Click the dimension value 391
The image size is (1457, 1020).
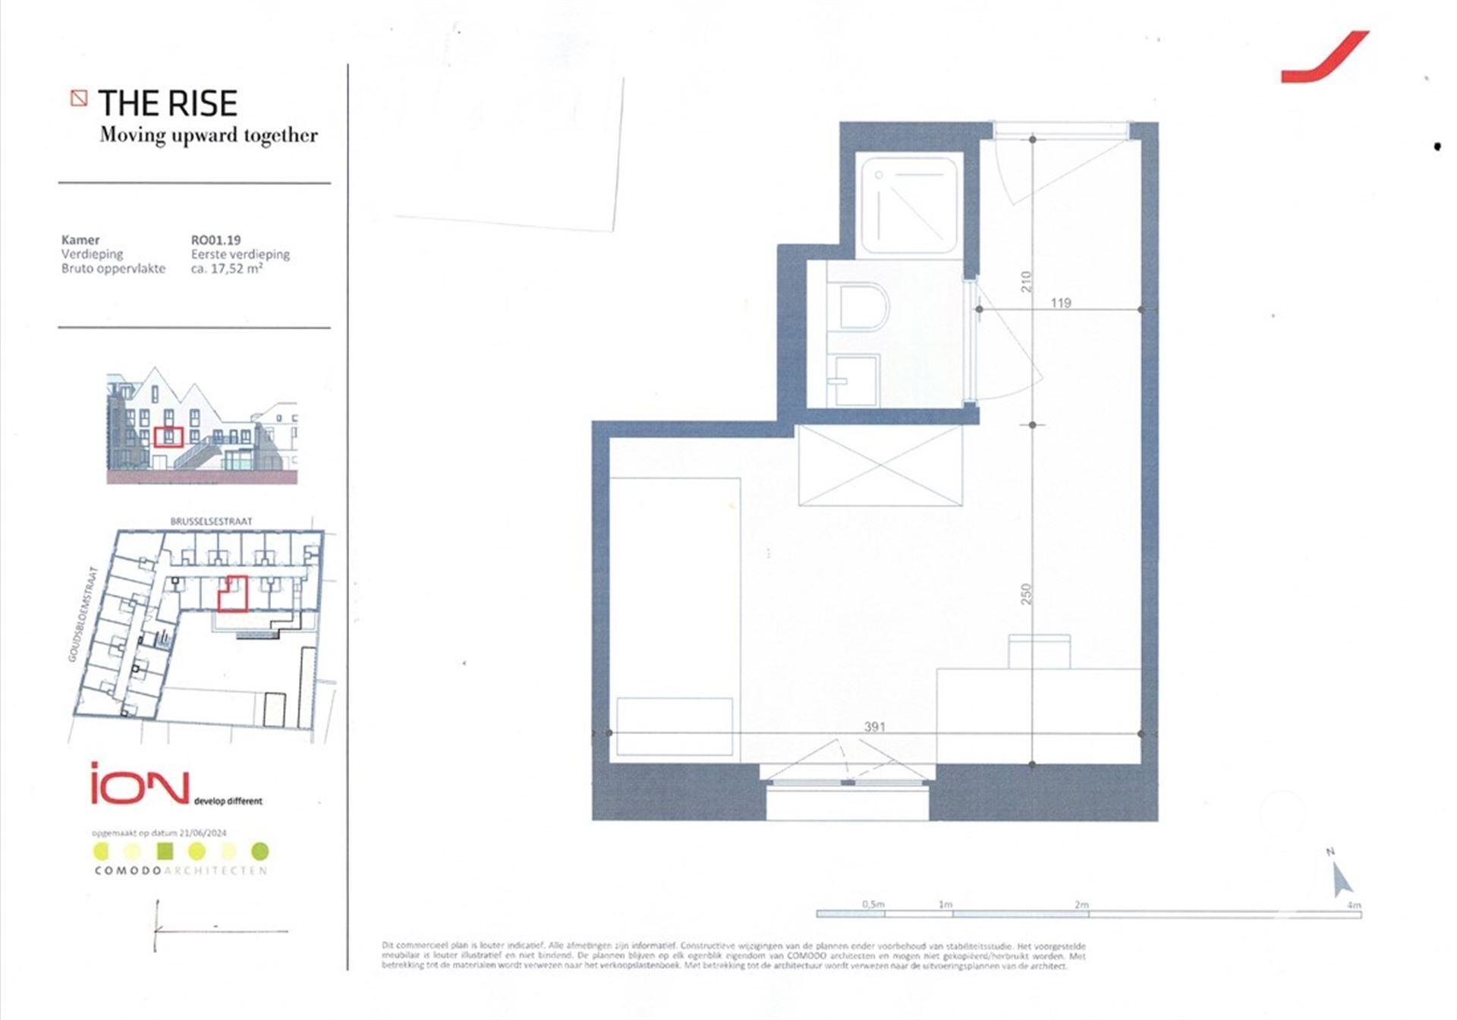[874, 726]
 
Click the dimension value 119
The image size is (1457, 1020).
[1060, 303]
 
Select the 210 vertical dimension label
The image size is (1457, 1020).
[1026, 282]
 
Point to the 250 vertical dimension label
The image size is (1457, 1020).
[1026, 593]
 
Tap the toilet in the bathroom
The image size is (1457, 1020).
[864, 307]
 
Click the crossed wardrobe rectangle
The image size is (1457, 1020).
[880, 464]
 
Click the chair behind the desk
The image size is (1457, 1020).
[1039, 652]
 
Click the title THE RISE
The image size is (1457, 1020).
[168, 103]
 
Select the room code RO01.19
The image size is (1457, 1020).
[216, 240]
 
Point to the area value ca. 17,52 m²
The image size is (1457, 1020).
[227, 268]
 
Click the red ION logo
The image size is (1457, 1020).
[140, 784]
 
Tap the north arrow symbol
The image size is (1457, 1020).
[1342, 878]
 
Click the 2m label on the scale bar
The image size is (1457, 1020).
[1081, 904]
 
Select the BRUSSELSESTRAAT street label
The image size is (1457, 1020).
[211, 521]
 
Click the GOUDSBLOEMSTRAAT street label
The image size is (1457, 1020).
[83, 614]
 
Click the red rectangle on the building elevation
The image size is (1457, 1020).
[168, 437]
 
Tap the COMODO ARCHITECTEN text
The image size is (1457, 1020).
[181, 870]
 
